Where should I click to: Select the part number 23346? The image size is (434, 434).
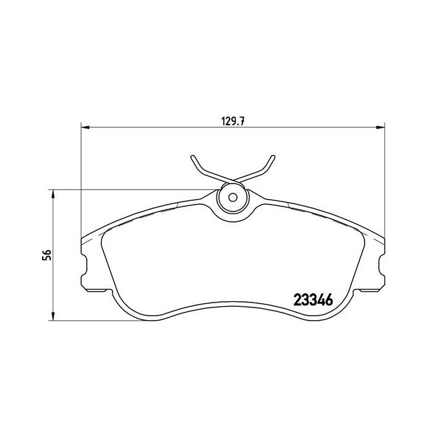coord(312,299)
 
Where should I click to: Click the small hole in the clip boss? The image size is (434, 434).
coord(233,198)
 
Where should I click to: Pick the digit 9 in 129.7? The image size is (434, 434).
coord(233,122)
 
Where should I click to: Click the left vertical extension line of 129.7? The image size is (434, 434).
coord(82,180)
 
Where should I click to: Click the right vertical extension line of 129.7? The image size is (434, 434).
coord(384,180)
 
